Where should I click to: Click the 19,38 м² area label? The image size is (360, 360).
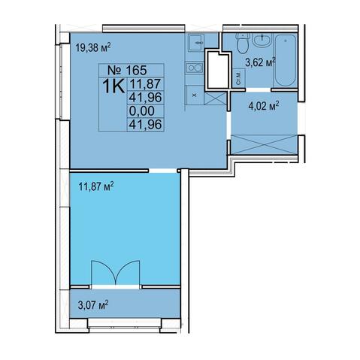(93, 47)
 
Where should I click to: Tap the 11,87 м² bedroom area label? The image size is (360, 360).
(96, 186)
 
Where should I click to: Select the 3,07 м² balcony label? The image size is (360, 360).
(93, 305)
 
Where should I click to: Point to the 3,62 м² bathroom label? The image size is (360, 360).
(261, 62)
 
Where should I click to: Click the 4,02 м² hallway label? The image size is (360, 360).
(264, 106)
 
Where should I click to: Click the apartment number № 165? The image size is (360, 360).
(127, 70)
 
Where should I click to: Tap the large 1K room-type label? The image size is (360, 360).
(113, 86)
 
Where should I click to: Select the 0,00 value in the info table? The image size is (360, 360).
(141, 111)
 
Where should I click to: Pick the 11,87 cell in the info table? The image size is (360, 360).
(145, 83)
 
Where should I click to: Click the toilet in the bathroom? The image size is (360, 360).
(242, 43)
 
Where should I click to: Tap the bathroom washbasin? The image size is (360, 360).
(262, 40)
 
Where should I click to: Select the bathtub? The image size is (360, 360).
(286, 60)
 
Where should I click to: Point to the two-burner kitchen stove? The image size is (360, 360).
(194, 68)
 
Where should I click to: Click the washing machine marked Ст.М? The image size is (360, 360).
(239, 78)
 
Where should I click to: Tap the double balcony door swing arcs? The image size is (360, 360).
(115, 273)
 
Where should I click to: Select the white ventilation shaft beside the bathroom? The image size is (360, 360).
(217, 69)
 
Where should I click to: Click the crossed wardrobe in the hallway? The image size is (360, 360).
(265, 144)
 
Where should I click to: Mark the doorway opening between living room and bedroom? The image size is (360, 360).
(163, 171)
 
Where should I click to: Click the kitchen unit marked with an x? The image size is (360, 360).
(195, 95)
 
